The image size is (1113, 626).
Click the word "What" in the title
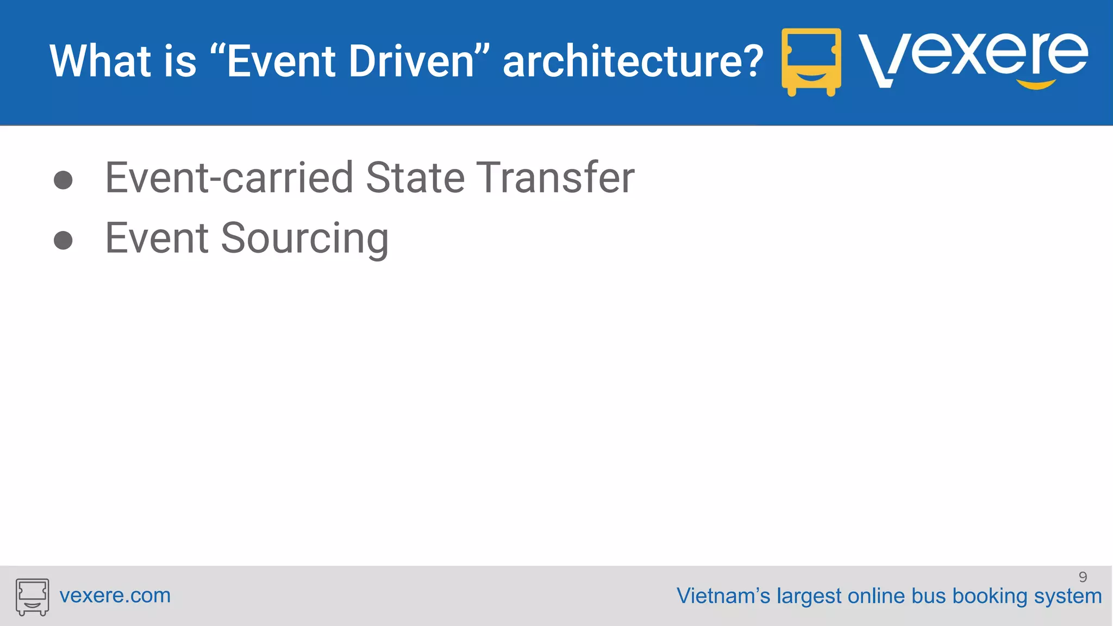click(100, 61)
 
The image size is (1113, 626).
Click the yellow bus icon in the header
click(811, 61)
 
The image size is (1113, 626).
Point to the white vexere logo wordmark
click(973, 57)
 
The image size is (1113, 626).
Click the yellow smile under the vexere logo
click(1036, 84)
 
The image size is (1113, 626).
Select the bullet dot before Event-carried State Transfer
click(63, 180)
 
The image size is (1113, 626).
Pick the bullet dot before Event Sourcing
click(63, 240)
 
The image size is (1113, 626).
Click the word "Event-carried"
click(229, 178)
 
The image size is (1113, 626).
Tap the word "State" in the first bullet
click(415, 178)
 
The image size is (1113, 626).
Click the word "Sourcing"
click(304, 239)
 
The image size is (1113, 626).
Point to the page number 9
click(1083, 577)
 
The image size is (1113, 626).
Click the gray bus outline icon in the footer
click(32, 597)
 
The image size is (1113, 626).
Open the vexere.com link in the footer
click(115, 596)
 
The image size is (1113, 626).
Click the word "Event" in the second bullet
click(157, 238)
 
